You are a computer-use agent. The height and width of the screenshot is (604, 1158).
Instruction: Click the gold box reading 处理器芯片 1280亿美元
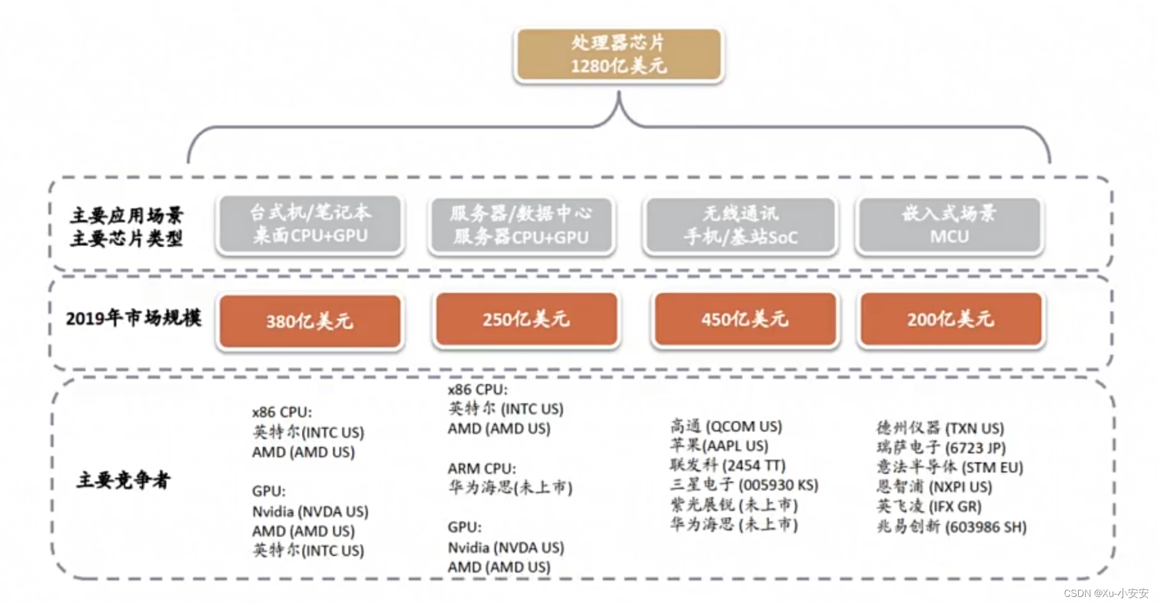coord(619,54)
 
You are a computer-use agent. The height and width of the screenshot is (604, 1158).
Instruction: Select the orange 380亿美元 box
coord(310,321)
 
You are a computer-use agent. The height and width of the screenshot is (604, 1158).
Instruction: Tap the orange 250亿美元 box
coord(526,319)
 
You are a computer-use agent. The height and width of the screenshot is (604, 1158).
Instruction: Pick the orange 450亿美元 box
coord(745,319)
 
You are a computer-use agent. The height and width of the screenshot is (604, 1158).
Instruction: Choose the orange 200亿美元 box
coord(951,319)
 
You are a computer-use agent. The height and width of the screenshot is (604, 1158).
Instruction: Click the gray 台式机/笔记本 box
coord(310,224)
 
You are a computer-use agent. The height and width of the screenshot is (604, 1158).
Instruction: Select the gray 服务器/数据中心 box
coord(521,225)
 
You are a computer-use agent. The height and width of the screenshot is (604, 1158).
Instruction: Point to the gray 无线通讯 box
coord(741,225)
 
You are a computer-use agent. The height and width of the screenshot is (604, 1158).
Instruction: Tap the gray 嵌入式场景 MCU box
coord(949,225)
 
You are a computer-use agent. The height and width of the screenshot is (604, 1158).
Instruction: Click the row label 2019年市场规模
coord(134,319)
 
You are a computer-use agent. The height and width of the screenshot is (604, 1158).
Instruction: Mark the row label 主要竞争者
coord(123,480)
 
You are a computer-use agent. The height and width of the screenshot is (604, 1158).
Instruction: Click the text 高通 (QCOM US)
coord(726,426)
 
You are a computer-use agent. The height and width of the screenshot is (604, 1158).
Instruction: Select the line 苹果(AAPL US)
coord(719,446)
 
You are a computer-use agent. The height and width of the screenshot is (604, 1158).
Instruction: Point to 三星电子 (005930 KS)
coord(744,485)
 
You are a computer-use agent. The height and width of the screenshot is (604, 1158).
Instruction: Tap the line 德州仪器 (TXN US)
coord(940,428)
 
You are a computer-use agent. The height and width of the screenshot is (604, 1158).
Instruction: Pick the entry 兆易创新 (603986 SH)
coord(951,526)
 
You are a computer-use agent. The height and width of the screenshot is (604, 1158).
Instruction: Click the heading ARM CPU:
coord(482,469)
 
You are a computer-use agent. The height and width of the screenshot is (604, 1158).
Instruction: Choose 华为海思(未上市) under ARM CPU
coord(510,488)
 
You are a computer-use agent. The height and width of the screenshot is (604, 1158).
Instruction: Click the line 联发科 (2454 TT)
coord(728,465)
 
